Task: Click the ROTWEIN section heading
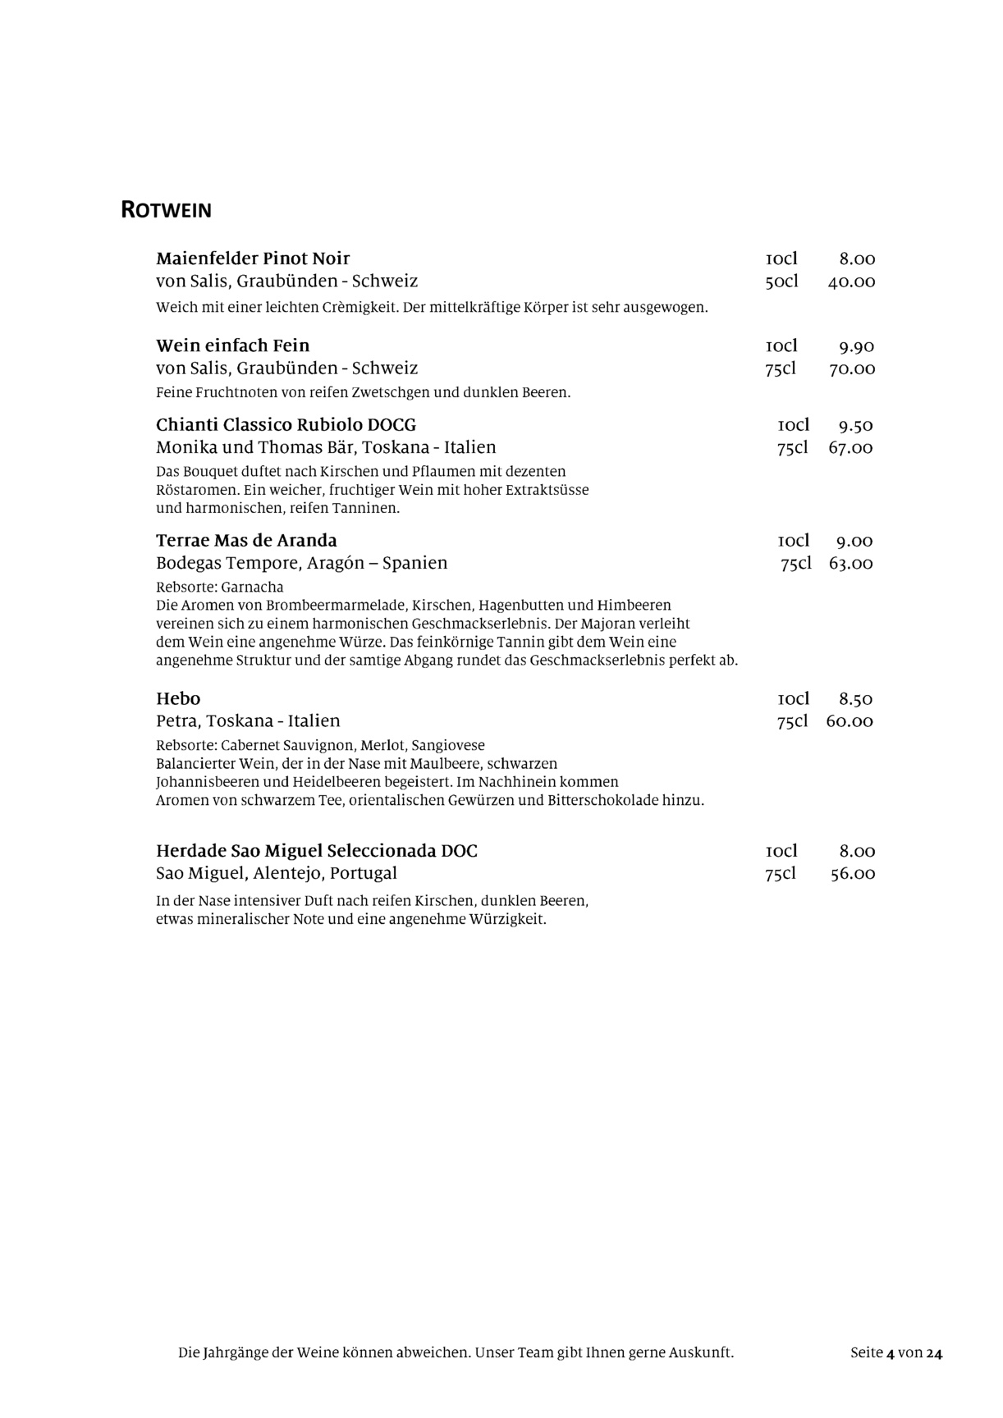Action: (x=166, y=210)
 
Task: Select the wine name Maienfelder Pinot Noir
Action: (x=253, y=258)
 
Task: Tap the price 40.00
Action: (x=851, y=282)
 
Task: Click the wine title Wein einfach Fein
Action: (x=232, y=345)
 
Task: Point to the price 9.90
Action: (x=856, y=346)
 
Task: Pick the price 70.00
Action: (x=851, y=369)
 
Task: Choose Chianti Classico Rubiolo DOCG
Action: (x=286, y=425)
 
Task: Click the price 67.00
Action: (x=850, y=448)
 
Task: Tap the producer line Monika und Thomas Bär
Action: (x=326, y=448)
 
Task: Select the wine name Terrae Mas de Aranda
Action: (x=246, y=541)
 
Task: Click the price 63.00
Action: (x=850, y=564)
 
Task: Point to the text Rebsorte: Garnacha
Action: (x=219, y=588)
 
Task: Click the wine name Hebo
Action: (x=178, y=699)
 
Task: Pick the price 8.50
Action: (x=855, y=700)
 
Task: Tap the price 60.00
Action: (x=850, y=722)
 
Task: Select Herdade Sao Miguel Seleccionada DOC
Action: (x=317, y=851)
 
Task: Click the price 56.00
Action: (x=852, y=874)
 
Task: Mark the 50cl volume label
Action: (x=781, y=282)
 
